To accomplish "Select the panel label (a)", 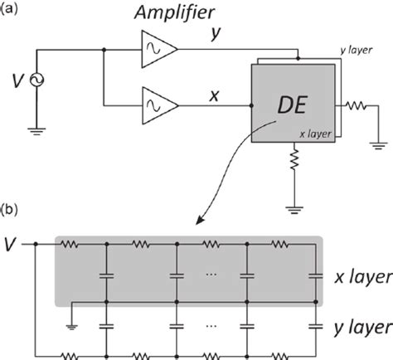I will click(x=14, y=10).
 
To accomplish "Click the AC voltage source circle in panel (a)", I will click(x=36, y=80).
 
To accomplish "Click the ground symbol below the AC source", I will click(x=36, y=129).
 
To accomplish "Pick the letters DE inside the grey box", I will click(x=291, y=106).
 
